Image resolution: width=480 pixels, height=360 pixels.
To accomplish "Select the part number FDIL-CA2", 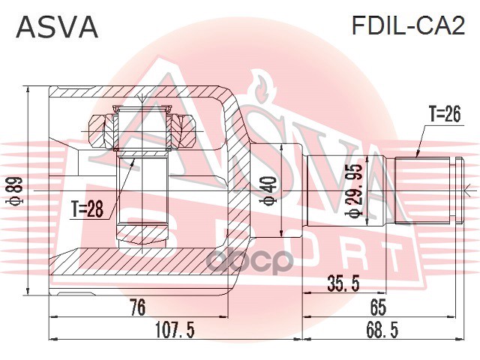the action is pos(409,27).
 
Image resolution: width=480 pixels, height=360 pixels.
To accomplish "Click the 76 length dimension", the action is pos(136,306).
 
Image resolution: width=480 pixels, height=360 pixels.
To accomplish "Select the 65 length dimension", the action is pos(377,306).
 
